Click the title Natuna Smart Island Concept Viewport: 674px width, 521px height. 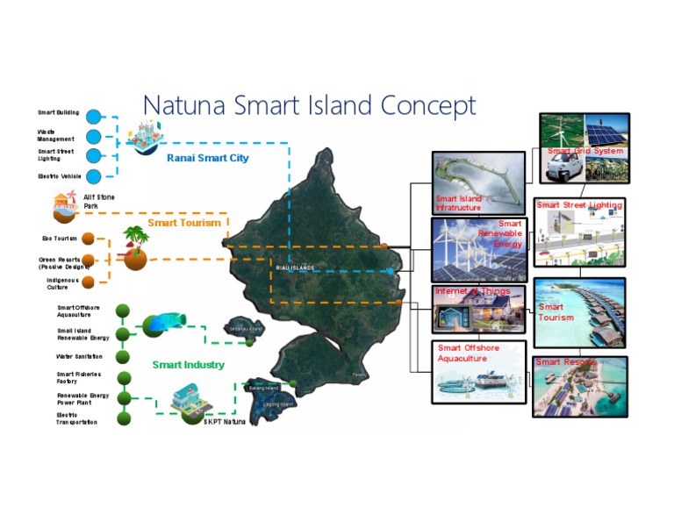click(x=309, y=105)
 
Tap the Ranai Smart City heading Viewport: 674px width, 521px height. click(x=207, y=159)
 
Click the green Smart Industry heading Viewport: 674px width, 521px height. click(x=188, y=365)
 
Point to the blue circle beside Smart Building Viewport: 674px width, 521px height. click(x=94, y=116)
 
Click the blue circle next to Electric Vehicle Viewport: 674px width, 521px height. click(x=94, y=176)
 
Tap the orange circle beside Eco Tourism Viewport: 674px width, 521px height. click(x=88, y=238)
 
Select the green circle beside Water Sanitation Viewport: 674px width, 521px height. click(x=124, y=357)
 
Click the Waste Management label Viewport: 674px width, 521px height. click(x=55, y=135)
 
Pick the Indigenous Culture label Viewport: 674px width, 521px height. click(x=62, y=283)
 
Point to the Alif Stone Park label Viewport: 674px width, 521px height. click(x=98, y=202)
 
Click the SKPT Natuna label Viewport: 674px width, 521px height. click(x=224, y=422)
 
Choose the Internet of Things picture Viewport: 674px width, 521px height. click(x=478, y=308)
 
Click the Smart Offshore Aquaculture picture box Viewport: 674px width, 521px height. click(x=478, y=371)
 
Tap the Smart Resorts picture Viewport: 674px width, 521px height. click(x=579, y=386)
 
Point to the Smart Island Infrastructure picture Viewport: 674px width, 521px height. click(x=478, y=183)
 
